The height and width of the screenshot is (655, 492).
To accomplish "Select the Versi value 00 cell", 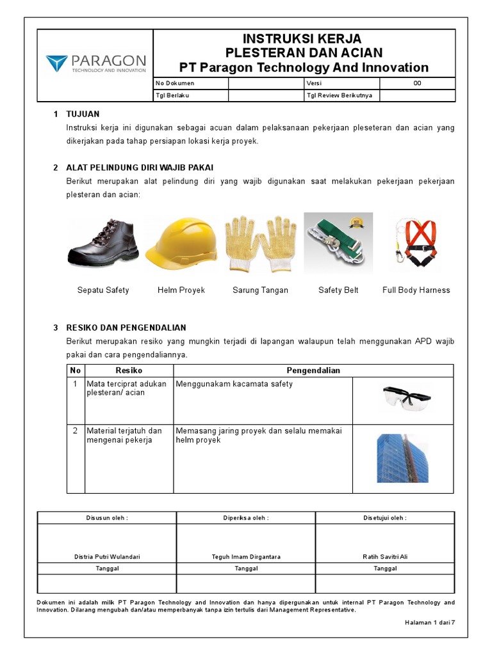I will click(417, 83).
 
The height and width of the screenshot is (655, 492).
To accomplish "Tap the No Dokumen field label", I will click(175, 83).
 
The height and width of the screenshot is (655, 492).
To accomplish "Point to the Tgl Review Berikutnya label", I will click(340, 95).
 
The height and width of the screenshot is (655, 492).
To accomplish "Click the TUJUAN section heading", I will click(83, 114).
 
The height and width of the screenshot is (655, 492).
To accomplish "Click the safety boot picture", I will click(102, 243).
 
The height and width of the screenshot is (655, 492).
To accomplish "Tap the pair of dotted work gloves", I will click(260, 244).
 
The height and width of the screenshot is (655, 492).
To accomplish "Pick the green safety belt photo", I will click(338, 244).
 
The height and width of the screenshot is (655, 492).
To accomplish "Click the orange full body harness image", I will click(416, 244).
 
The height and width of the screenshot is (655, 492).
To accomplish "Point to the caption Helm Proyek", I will click(181, 290).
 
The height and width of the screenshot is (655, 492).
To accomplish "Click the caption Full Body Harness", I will click(416, 290).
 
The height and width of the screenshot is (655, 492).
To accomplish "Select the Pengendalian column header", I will click(313, 370).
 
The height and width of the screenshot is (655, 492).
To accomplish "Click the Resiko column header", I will click(129, 370).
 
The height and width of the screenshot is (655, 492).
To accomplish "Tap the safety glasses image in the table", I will click(403, 398).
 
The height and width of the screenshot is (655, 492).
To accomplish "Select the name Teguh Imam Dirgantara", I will click(246, 556).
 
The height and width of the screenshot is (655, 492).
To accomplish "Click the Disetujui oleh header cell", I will click(385, 517).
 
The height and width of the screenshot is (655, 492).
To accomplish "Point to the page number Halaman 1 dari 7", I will click(429, 622).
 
